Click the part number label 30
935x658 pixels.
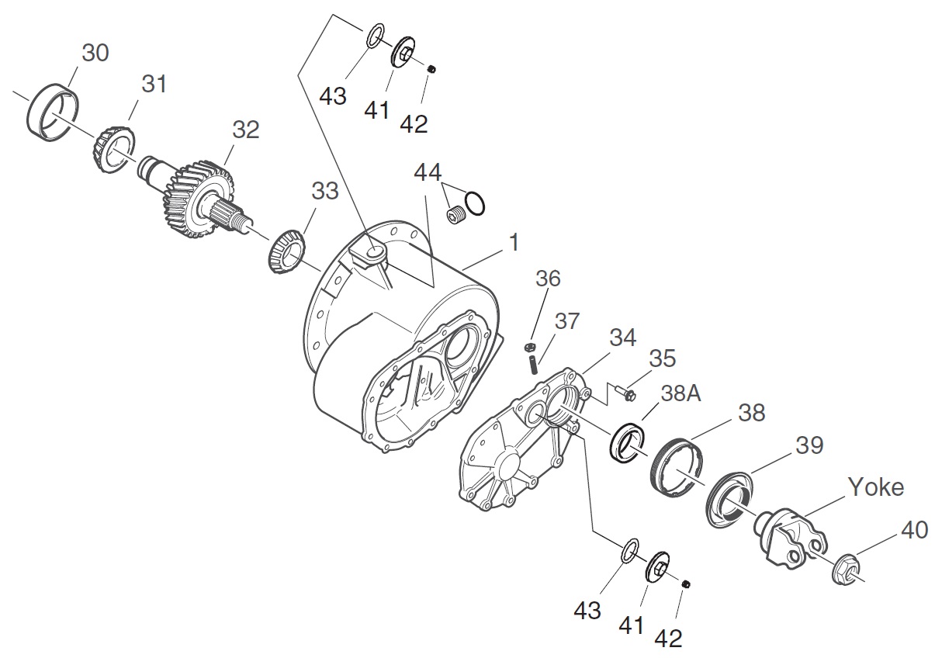click(95, 53)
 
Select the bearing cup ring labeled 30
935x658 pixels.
click(53, 115)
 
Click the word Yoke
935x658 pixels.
click(875, 487)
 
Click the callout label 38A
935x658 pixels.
click(682, 393)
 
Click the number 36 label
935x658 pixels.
click(547, 278)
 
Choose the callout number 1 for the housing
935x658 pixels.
click(513, 242)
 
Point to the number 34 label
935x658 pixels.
click(622, 337)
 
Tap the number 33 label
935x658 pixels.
click(325, 190)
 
